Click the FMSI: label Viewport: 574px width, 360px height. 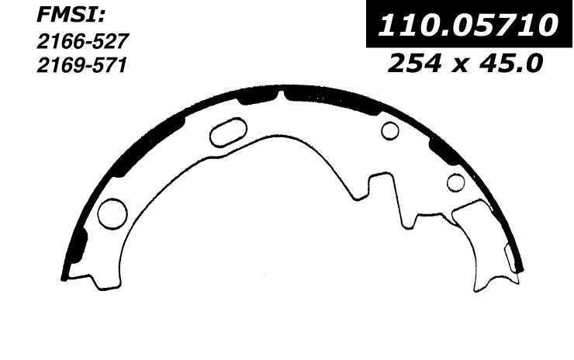pyautogui.click(x=71, y=17)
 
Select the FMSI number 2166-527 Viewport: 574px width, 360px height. pyautogui.click(x=83, y=41)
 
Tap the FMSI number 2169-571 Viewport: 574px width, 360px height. pyautogui.click(x=81, y=66)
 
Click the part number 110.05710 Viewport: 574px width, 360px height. pyautogui.click(x=468, y=26)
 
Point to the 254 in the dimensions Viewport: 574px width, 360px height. pyautogui.click(x=414, y=63)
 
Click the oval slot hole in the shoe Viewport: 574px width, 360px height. pyautogui.click(x=228, y=133)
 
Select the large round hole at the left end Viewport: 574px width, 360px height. pyautogui.click(x=112, y=214)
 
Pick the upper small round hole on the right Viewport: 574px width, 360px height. pyautogui.click(x=390, y=131)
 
